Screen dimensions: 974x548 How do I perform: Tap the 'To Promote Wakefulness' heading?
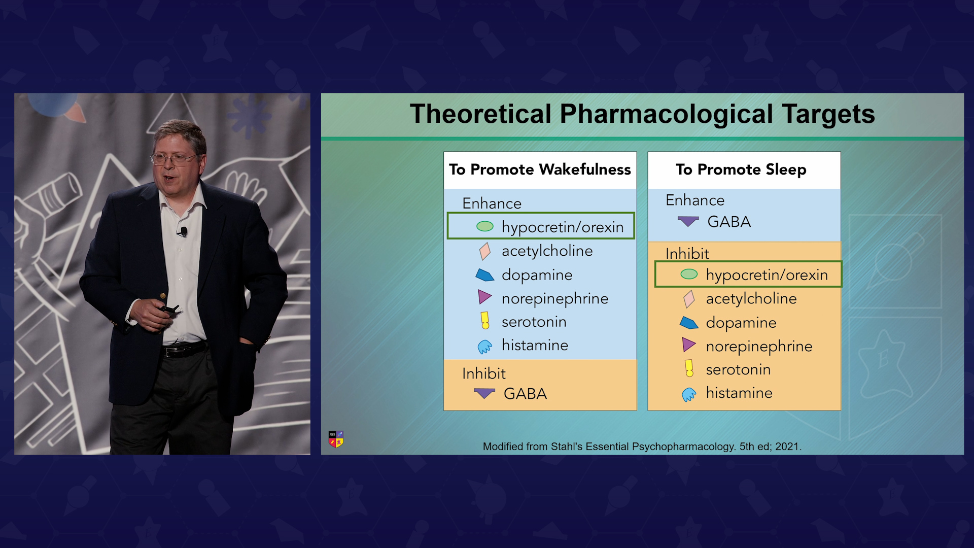click(x=540, y=169)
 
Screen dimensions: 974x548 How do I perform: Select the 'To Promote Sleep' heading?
click(x=741, y=169)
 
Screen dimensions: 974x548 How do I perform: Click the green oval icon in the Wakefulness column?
click(x=485, y=226)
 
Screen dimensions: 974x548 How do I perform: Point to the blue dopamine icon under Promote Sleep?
click(x=689, y=323)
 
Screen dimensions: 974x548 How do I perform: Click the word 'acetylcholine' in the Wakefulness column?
click(x=547, y=251)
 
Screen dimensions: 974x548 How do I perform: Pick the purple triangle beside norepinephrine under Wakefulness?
click(x=485, y=297)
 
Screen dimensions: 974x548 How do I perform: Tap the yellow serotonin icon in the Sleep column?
click(x=689, y=368)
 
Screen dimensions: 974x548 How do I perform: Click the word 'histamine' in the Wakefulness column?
click(x=535, y=345)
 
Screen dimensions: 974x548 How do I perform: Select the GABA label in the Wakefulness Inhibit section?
click(x=525, y=394)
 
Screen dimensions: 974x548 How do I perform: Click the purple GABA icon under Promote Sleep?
click(x=688, y=221)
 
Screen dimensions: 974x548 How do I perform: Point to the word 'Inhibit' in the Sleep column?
click(x=687, y=253)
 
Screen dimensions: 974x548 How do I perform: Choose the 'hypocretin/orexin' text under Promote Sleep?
click(x=767, y=275)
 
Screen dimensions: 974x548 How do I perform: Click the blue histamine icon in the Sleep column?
click(x=689, y=394)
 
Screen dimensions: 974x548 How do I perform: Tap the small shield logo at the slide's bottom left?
click(x=336, y=439)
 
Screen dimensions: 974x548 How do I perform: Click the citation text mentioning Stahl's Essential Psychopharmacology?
click(x=642, y=447)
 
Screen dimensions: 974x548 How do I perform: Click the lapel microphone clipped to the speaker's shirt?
click(x=183, y=232)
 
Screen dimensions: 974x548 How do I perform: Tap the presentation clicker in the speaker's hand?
click(x=169, y=309)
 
